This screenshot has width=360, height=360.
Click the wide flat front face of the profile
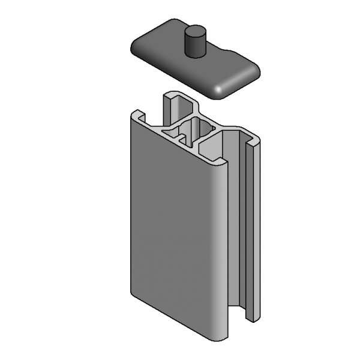click(171, 228)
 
